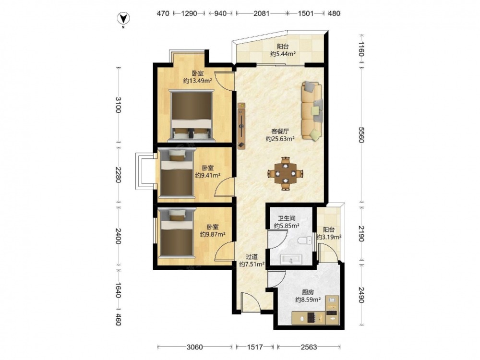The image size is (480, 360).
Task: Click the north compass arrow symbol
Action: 123,18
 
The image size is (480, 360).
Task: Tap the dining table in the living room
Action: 285,174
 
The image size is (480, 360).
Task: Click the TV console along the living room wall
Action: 242,126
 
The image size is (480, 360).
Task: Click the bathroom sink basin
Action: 291,259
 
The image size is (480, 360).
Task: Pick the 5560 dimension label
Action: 361,135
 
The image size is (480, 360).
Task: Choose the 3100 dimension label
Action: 119,105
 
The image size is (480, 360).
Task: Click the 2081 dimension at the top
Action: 262,13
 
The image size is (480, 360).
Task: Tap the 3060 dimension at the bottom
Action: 195,347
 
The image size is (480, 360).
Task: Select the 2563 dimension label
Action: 309,347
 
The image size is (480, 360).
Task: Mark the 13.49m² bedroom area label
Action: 198,81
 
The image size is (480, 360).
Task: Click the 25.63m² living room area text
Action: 280,139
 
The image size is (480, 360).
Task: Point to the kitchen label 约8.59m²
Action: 308,300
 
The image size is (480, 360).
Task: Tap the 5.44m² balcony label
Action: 283,54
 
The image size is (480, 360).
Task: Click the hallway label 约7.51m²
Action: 252,264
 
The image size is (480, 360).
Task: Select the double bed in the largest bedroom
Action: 192,116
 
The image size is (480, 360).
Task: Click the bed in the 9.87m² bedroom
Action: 177,233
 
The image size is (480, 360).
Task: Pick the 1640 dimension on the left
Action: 119,290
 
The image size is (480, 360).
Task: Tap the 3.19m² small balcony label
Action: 329,237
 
